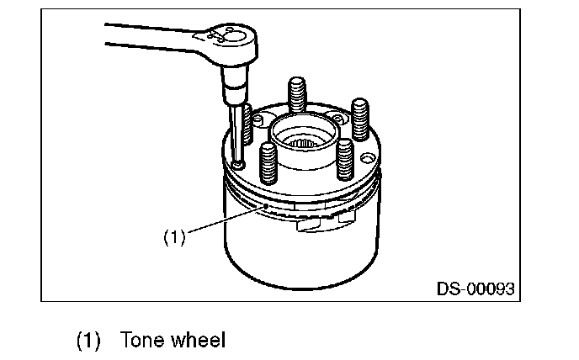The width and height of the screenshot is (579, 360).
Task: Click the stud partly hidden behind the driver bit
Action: pyautogui.click(x=247, y=126)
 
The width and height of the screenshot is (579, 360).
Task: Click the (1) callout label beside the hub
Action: pyautogui.click(x=174, y=238)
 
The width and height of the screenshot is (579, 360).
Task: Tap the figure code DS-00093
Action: pyautogui.click(x=475, y=289)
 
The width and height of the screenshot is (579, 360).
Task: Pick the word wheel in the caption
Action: pyautogui.click(x=197, y=341)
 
